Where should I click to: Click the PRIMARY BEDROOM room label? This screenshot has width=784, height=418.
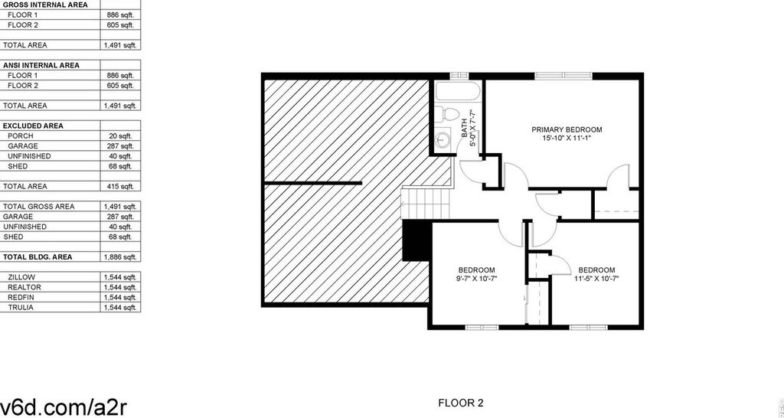567,130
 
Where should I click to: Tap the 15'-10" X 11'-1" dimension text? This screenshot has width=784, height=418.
567,139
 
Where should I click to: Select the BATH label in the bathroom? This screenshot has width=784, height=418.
464,128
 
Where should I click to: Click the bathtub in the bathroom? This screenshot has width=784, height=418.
458,92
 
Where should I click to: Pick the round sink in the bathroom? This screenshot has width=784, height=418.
442,139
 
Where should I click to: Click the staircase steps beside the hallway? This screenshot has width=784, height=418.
426,203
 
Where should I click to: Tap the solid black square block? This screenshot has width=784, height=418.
416,241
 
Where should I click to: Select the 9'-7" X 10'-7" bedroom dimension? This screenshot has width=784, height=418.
477,279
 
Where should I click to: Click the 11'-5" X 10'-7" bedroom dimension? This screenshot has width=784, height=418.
596,279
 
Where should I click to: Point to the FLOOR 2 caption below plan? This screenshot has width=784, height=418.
461,403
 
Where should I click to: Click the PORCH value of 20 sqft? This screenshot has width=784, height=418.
121,136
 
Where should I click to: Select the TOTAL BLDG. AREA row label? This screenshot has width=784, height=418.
38,257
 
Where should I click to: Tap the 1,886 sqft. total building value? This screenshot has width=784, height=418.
120,257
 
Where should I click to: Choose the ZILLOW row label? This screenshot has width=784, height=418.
21,277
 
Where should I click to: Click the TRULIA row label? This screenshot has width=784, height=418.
21,308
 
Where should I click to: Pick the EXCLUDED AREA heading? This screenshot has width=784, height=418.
33,126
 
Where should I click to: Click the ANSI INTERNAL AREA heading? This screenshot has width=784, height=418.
41,66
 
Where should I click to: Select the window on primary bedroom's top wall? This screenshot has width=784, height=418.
563,76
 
